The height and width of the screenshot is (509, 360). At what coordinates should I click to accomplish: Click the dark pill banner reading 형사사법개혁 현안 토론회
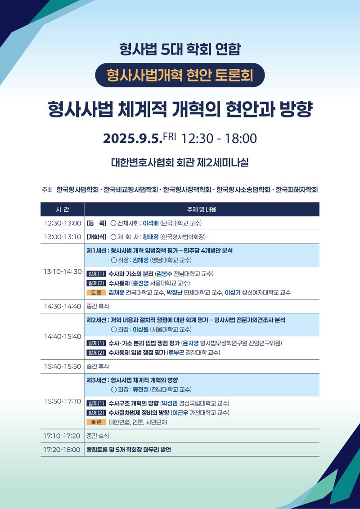click(x=180, y=75)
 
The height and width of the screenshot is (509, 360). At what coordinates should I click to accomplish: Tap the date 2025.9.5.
click(x=133, y=138)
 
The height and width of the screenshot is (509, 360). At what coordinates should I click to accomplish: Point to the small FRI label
click(x=170, y=136)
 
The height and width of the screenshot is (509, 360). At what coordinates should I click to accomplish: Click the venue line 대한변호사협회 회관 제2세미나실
click(x=180, y=162)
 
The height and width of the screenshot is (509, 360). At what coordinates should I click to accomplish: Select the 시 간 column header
click(x=63, y=210)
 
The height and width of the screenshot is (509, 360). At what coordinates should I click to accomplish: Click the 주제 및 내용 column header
click(x=202, y=210)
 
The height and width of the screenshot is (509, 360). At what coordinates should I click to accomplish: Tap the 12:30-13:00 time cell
click(x=63, y=223)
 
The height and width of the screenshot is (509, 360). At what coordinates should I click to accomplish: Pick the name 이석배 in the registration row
click(x=151, y=223)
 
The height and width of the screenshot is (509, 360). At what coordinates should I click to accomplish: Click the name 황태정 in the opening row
click(x=151, y=237)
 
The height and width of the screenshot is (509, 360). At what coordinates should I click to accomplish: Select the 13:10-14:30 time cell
click(x=63, y=272)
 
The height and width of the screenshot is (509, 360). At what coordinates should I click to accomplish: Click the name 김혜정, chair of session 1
click(x=141, y=260)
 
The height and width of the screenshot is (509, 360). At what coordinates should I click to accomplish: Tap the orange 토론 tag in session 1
click(x=96, y=292)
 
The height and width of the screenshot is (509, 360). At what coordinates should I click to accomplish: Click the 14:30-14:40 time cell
click(x=63, y=306)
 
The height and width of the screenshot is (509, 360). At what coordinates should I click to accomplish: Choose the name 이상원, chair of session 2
click(x=141, y=330)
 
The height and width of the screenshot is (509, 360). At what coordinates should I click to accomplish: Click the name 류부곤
click(x=176, y=353)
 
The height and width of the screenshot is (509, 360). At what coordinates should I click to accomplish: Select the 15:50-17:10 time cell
click(x=63, y=401)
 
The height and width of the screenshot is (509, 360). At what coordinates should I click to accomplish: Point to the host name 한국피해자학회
click(x=297, y=190)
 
